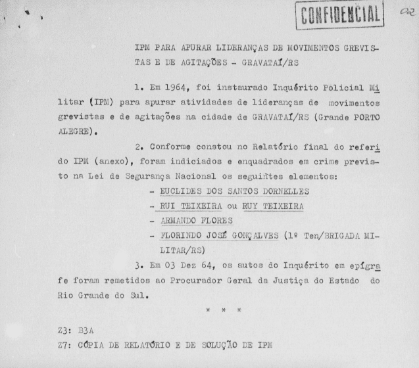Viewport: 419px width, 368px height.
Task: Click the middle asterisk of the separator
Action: pos(224,310)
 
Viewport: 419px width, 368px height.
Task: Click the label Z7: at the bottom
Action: pos(66,344)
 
